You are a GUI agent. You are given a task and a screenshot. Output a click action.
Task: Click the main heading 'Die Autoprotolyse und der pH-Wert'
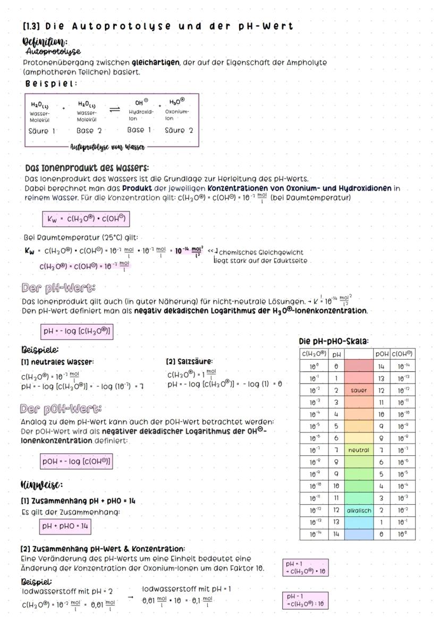159,27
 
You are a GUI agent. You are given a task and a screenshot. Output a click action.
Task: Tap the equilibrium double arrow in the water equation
114,108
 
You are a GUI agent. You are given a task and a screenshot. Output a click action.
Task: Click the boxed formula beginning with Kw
86,219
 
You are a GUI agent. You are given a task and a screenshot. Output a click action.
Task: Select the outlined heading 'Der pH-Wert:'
58,289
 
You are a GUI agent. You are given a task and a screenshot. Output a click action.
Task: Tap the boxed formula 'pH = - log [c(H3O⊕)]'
77,332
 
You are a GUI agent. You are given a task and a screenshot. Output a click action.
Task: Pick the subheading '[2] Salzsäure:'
189,362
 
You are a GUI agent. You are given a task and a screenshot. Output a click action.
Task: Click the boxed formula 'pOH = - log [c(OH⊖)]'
77,462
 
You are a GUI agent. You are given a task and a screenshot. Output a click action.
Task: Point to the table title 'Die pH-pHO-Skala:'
334,341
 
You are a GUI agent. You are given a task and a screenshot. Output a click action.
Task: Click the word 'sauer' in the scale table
359,390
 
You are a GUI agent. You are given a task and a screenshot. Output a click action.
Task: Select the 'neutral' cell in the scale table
359,450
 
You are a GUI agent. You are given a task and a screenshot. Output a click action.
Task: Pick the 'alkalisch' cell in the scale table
359,510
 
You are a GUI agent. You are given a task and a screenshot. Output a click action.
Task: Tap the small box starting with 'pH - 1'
306,600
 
